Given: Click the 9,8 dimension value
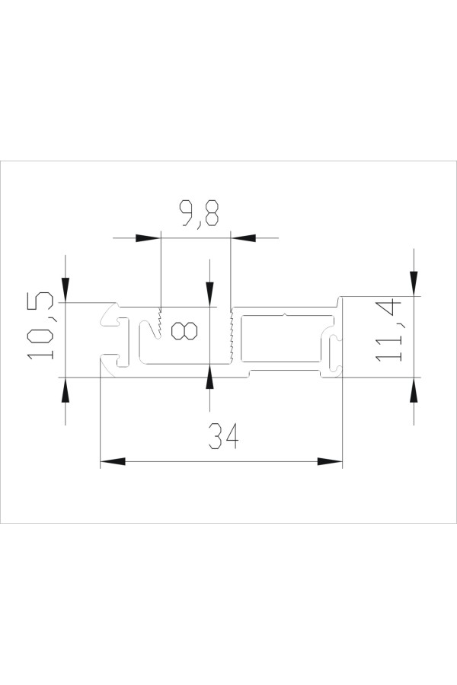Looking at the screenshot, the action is [200, 214].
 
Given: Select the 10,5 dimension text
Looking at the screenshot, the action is [40, 327].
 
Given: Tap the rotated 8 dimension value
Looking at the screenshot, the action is [184, 331].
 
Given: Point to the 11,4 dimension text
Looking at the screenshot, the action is [388, 330].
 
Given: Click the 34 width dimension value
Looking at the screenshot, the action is [223, 436].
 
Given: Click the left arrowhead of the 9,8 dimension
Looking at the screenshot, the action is [146, 238].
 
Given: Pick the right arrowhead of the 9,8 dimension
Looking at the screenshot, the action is [244, 238].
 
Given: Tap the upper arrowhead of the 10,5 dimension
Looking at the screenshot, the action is [66, 290].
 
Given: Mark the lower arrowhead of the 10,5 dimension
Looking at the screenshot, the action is [66, 390].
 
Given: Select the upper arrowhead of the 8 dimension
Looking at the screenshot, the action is [210, 295].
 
